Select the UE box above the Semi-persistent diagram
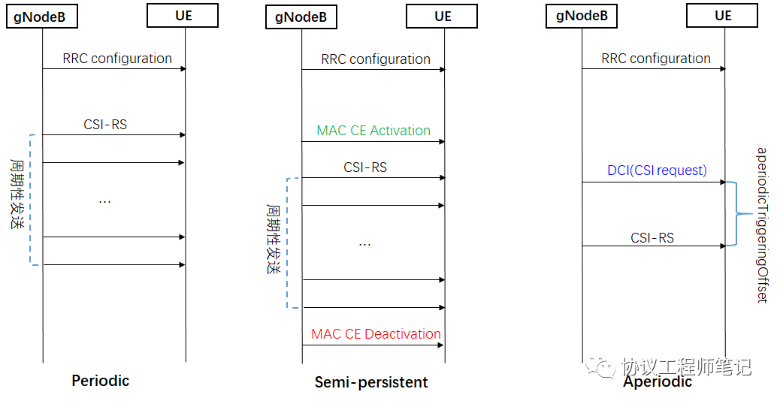(443, 17)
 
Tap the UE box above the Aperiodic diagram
(723, 16)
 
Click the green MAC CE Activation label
(373, 131)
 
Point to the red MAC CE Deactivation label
(376, 334)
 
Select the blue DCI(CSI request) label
(657, 170)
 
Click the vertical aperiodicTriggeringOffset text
(761, 225)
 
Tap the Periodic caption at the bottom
(101, 381)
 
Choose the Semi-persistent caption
(371, 382)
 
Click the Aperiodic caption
(658, 381)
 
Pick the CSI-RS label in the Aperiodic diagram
(652, 238)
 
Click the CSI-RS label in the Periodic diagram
(105, 125)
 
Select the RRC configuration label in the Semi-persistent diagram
(376, 59)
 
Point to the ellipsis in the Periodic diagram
(105, 202)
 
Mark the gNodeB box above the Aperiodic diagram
(581, 16)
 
